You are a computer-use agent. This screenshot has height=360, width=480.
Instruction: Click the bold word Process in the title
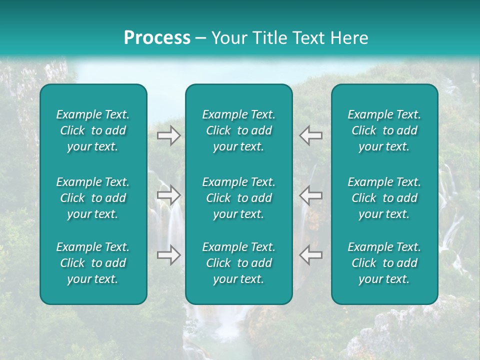(157, 38)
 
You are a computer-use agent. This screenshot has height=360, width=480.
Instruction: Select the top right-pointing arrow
(169, 135)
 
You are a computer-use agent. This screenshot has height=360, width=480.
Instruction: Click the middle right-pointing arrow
(169, 195)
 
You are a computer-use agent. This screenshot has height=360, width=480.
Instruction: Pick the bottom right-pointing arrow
(169, 255)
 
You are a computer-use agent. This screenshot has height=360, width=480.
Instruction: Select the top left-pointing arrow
(310, 135)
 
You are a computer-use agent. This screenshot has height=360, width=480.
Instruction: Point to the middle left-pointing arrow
(310, 195)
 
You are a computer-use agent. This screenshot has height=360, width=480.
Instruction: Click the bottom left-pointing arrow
(310, 255)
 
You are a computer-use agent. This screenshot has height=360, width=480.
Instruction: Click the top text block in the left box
(93, 130)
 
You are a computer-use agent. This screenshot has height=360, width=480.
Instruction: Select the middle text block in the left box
(93, 198)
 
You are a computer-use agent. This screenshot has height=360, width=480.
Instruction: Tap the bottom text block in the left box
(93, 263)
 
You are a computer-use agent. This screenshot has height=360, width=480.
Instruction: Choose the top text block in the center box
(238, 130)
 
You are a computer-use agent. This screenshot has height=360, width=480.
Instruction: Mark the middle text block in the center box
(238, 198)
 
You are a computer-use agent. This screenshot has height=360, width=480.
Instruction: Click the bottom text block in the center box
(238, 263)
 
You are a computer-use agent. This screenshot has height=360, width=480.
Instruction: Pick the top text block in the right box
(384, 130)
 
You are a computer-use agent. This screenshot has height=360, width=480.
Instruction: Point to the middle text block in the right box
(384, 198)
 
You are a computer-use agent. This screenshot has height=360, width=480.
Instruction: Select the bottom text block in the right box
(384, 263)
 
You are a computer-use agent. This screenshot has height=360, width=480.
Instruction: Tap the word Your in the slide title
(227, 38)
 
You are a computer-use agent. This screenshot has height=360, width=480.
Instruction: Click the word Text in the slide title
(306, 38)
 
